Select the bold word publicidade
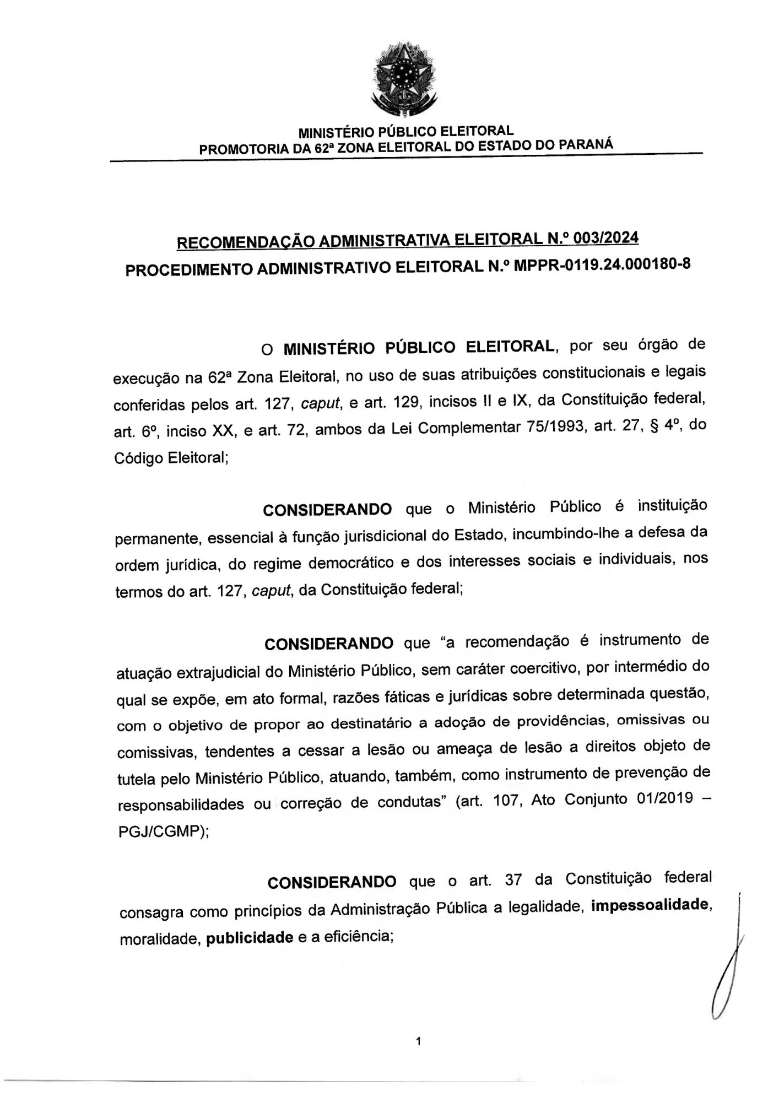pos(249,938)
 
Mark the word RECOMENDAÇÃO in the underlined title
pos(242,242)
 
